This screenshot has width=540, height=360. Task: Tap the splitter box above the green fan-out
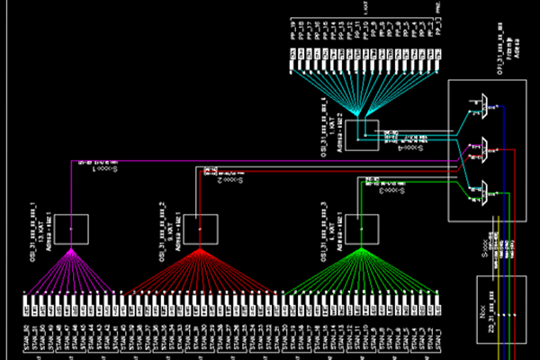click(359, 229)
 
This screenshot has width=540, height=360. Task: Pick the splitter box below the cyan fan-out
click(362, 136)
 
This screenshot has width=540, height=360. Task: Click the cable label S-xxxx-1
click(90, 168)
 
